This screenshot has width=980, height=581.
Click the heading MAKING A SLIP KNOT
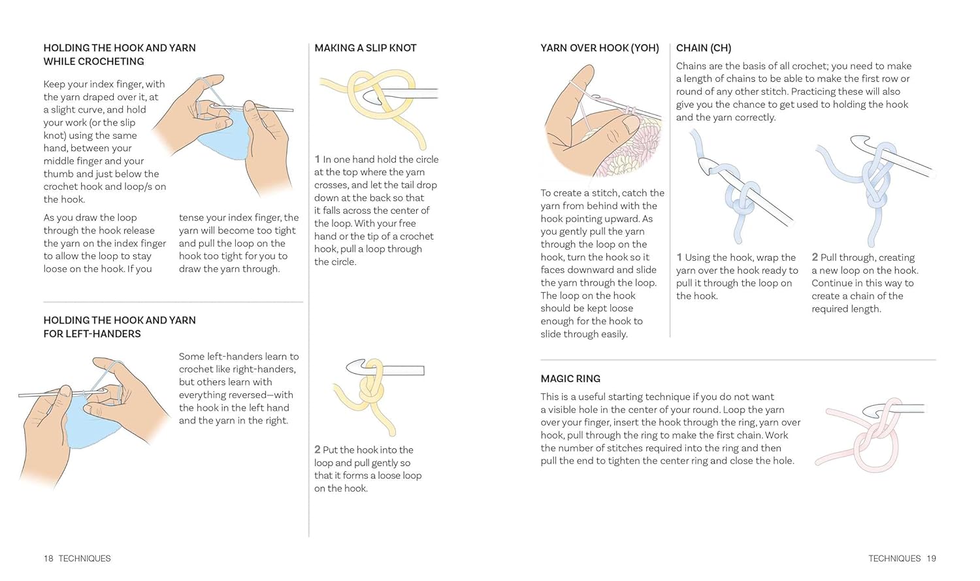365,48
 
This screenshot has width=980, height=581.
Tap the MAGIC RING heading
570,378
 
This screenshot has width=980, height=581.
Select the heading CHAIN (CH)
704,48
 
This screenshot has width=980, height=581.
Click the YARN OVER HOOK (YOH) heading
599,48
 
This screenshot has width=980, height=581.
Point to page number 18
48,558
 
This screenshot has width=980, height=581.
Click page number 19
932,558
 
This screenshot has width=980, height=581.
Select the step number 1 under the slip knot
317,159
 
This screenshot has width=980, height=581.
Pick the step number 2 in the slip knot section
318,450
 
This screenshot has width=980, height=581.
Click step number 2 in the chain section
815,257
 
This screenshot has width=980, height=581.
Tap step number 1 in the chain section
679,257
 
